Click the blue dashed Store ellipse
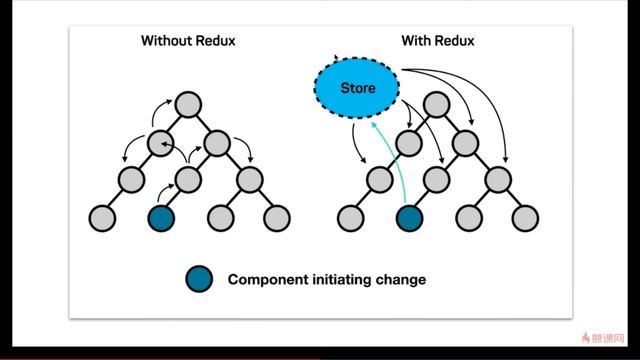click(x=358, y=88)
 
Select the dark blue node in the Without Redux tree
click(x=160, y=217)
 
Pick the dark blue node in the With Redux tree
click(x=408, y=217)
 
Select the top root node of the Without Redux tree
click(x=188, y=104)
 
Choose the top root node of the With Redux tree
click(x=436, y=104)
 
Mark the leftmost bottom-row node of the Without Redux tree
click(x=101, y=217)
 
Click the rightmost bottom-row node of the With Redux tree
click(x=524, y=217)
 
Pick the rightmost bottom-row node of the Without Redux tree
click(x=276, y=217)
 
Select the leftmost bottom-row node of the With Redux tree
click(x=349, y=217)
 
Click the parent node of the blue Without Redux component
click(x=188, y=180)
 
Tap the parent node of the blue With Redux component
click(x=436, y=180)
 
